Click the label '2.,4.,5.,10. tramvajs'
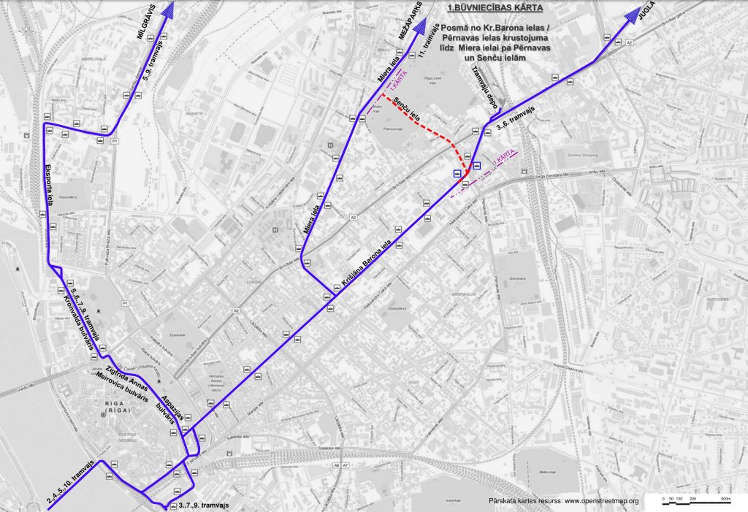(72, 483)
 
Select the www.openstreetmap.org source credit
(563, 501)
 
